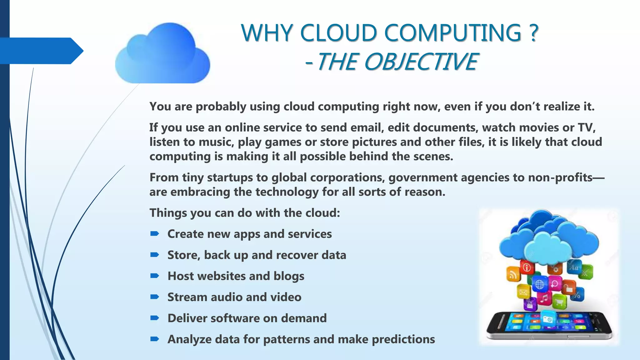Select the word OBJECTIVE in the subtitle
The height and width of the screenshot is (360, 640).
tap(421, 62)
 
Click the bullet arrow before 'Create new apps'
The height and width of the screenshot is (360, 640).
tap(155, 234)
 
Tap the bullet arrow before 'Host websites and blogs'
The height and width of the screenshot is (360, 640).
tap(155, 276)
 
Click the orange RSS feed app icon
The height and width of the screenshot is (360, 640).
tap(513, 275)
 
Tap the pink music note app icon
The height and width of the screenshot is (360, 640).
tap(544, 298)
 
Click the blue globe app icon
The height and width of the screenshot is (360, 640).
tap(539, 284)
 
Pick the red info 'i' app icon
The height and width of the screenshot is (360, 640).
tap(527, 267)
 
